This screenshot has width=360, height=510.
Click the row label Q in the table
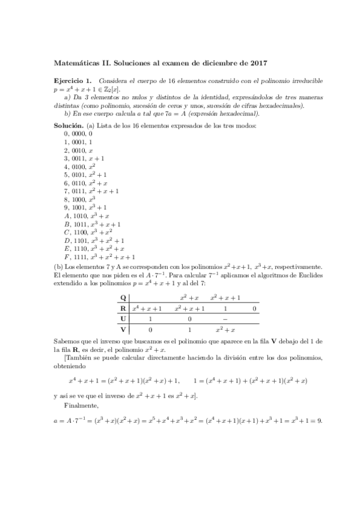tap(123, 298)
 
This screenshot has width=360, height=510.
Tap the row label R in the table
tap(123, 309)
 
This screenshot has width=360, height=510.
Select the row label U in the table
tap(123, 319)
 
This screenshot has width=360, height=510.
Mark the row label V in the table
tap(123, 330)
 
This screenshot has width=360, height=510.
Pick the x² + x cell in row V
tap(225, 330)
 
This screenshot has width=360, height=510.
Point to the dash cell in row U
tap(225, 319)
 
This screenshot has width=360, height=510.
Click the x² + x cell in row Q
tap(189, 298)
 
